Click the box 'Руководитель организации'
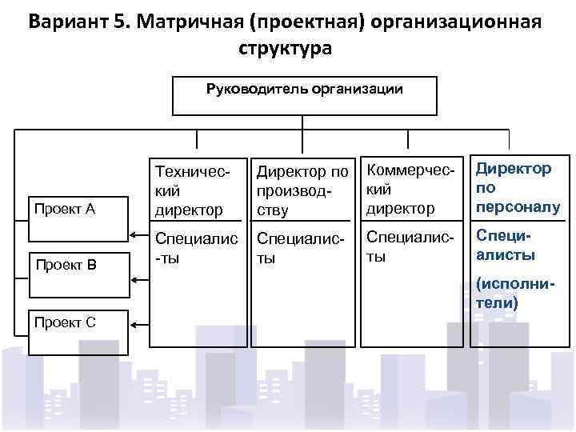pos(304,95)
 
